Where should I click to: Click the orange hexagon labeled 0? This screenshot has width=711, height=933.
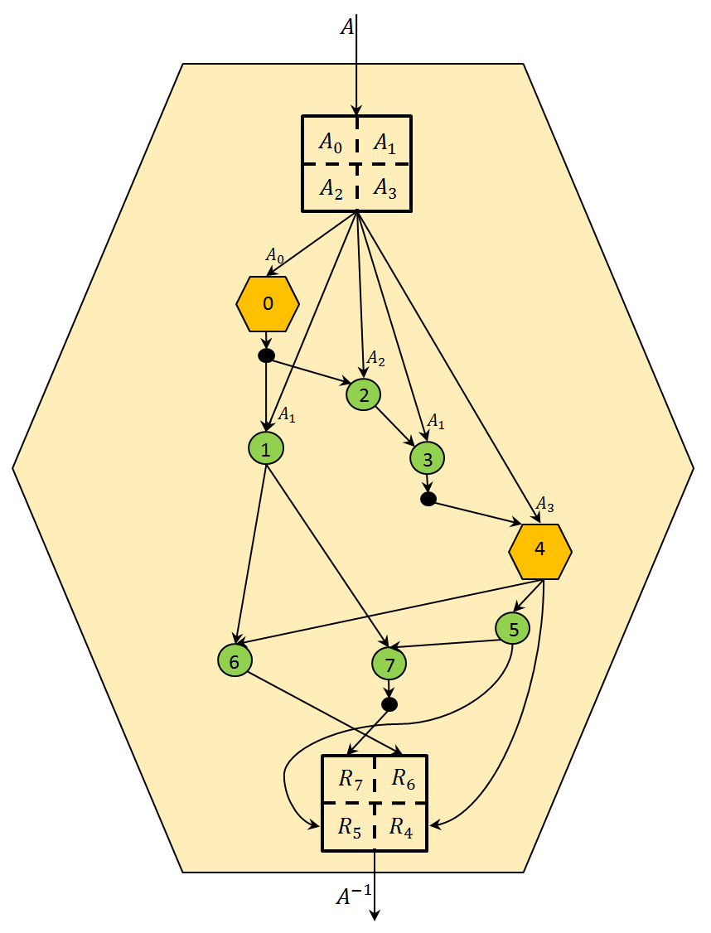[268, 304]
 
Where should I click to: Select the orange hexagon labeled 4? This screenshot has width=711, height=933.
[540, 551]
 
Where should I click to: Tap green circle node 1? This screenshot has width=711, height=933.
[266, 449]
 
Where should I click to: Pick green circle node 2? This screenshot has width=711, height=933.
[364, 394]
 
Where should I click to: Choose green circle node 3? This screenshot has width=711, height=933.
[428, 457]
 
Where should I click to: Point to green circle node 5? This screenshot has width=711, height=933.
[513, 629]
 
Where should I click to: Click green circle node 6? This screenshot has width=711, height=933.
[235, 661]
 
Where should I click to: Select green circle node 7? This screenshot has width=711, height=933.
[390, 663]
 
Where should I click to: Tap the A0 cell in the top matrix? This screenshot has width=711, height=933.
[330, 142]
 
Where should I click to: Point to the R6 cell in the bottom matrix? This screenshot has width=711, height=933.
[403, 779]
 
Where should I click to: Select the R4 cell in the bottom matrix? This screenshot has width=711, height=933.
[402, 826]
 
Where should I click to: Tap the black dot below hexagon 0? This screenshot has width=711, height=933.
[266, 355]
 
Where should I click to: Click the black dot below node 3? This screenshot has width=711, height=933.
[428, 499]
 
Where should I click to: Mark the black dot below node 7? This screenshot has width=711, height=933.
[389, 704]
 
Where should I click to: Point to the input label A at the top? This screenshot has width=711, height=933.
[347, 27]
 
